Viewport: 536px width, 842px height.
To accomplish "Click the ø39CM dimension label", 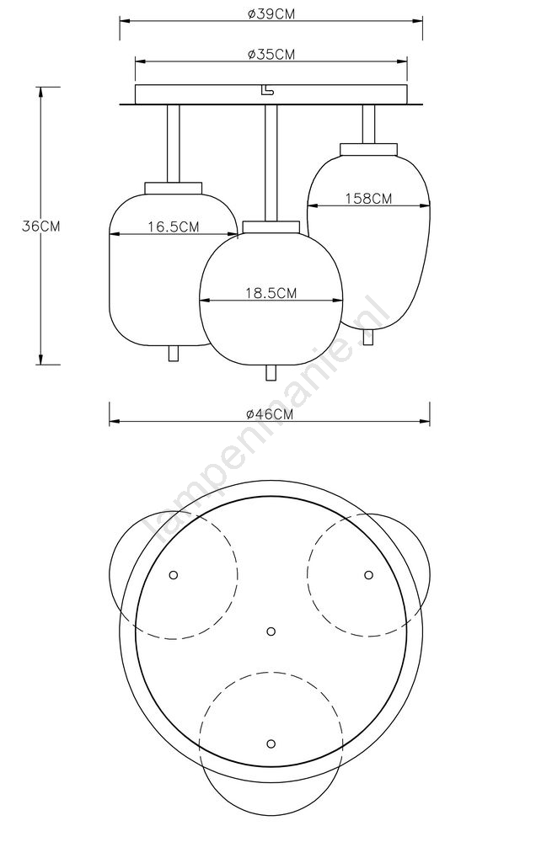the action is pyautogui.click(x=271, y=14).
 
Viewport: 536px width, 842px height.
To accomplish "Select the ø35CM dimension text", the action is pyautogui.click(x=271, y=54).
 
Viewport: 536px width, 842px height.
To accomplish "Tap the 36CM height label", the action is pyautogui.click(x=40, y=226).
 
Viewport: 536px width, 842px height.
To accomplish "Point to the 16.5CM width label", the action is pyautogui.click(x=174, y=226).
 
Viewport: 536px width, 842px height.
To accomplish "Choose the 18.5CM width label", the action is pyautogui.click(x=271, y=293).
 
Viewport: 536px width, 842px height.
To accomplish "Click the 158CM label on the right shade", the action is pyautogui.click(x=368, y=198).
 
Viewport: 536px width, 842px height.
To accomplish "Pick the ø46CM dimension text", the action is pyautogui.click(x=270, y=414).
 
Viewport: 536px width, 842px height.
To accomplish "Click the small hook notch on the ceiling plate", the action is pyautogui.click(x=266, y=91).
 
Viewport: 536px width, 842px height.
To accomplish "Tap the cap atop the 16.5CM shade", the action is pyautogui.click(x=174, y=188).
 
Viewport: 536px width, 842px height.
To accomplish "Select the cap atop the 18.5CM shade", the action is pyautogui.click(x=271, y=226).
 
